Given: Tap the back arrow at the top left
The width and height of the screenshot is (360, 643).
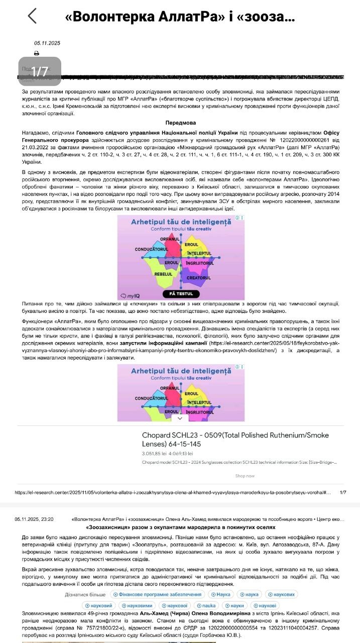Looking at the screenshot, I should pos(32,16).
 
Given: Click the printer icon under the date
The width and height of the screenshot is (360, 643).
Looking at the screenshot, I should pos(37,53).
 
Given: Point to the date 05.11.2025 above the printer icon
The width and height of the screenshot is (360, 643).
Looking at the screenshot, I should pos(47,43).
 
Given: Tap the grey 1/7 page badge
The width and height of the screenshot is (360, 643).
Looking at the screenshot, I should pos(40,72).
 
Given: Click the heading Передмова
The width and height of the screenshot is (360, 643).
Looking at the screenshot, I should pos(181,123).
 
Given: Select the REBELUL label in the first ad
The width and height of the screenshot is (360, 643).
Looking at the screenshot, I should pos(163,274).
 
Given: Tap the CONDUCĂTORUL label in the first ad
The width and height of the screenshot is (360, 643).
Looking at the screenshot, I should pos(151,249).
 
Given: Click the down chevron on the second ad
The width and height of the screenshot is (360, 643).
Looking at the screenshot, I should pos(180,417).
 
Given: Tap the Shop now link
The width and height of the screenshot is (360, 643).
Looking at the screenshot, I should pos(245,476).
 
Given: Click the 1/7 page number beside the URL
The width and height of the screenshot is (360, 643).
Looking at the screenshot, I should pos(343,493).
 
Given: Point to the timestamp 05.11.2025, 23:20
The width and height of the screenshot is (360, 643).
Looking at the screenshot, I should pos(34,519).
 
